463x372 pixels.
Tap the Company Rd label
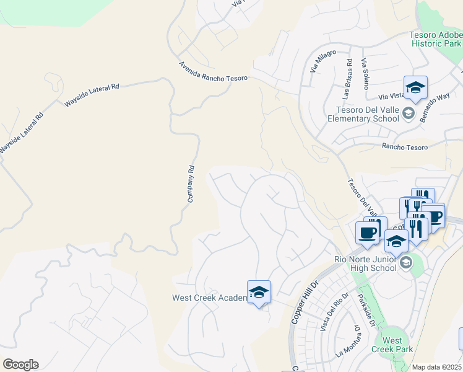coord(191,183)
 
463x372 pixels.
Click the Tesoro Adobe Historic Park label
coord(435,40)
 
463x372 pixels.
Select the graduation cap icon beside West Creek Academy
coord(259,292)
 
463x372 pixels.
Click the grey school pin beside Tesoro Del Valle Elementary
coord(407,113)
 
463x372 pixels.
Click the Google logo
coord(20,365)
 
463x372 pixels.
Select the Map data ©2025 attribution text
coord(437,367)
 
